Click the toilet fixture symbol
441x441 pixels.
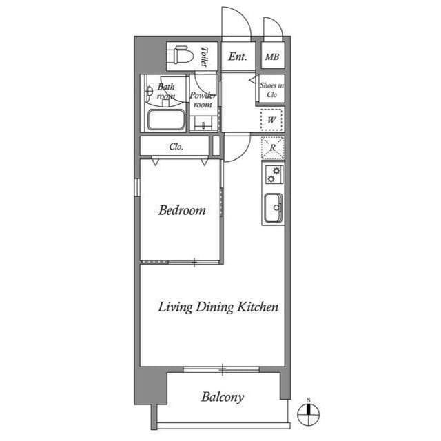181,56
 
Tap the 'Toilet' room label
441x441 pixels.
205,56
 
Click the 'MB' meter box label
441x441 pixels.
272,57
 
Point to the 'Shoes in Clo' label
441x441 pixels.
271,90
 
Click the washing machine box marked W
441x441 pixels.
272,120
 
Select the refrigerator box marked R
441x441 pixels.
273,147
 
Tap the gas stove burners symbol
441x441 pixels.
273,175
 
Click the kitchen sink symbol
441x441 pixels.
273,206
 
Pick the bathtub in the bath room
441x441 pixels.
166,121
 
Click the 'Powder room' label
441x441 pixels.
203,100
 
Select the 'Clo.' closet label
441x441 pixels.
176,146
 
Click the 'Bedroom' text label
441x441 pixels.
182,210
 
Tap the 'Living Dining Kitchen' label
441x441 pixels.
218,307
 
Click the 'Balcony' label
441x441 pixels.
222,397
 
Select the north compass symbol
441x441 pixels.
308,414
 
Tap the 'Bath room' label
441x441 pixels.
166,92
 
